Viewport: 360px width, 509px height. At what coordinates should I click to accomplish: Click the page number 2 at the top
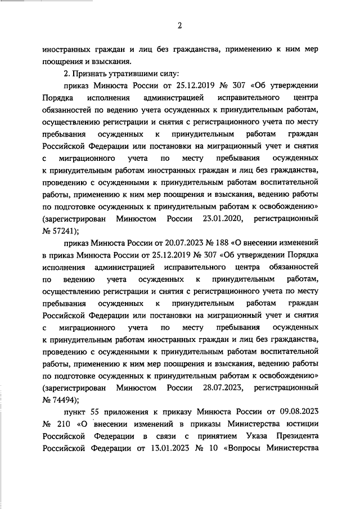(x=180, y=25)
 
